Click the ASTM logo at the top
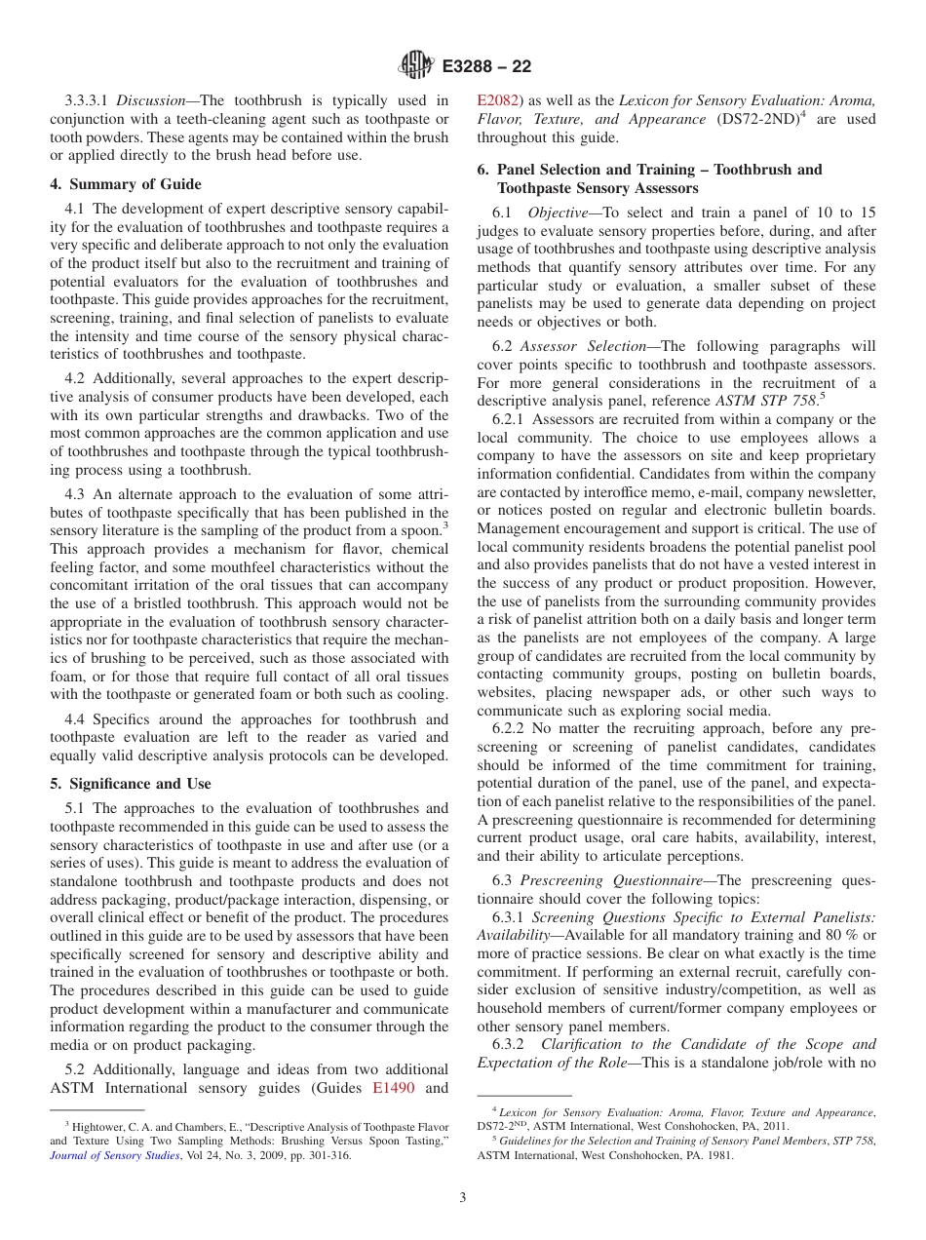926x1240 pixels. [x=416, y=66]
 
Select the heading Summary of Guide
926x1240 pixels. [x=126, y=184]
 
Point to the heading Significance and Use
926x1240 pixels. [x=130, y=784]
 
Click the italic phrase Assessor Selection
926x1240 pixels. [x=583, y=346]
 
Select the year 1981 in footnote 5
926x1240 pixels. [x=717, y=1156]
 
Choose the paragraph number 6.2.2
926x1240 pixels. [x=510, y=728]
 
